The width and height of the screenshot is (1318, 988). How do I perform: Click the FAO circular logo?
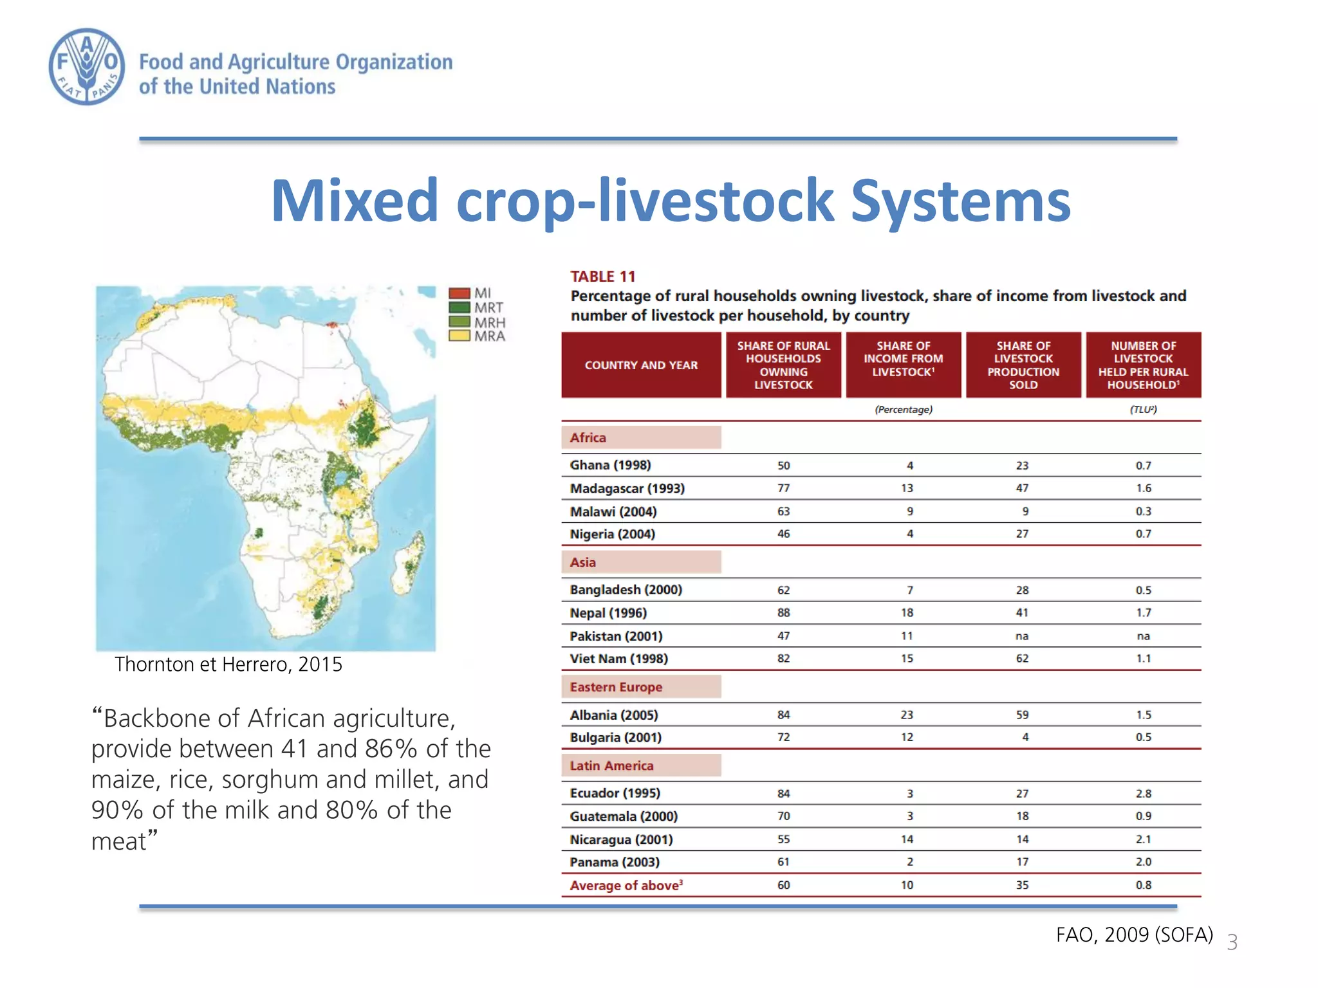click(87, 66)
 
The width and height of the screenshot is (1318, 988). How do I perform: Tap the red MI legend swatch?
click(459, 293)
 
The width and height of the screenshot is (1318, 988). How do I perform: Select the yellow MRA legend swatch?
click(459, 336)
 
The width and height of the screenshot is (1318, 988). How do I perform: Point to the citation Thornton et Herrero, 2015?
click(228, 664)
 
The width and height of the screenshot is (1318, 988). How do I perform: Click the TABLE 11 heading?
click(602, 277)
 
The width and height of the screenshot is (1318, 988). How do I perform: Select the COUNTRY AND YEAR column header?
click(641, 365)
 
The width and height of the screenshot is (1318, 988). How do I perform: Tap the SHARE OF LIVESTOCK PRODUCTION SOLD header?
click(1023, 365)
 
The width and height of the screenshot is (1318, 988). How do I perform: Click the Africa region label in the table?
click(588, 438)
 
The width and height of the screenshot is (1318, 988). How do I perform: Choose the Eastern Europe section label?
click(616, 687)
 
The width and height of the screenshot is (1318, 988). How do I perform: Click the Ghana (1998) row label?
click(610, 465)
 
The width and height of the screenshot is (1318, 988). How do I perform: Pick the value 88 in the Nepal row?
click(783, 613)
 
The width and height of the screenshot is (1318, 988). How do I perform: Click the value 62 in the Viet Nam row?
click(1022, 659)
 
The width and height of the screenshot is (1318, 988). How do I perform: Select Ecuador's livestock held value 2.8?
click(1143, 794)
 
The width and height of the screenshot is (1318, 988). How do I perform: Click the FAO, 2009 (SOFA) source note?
click(1134, 935)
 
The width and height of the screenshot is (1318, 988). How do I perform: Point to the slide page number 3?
click(1232, 942)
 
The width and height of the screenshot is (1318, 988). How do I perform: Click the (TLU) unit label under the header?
click(1143, 410)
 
